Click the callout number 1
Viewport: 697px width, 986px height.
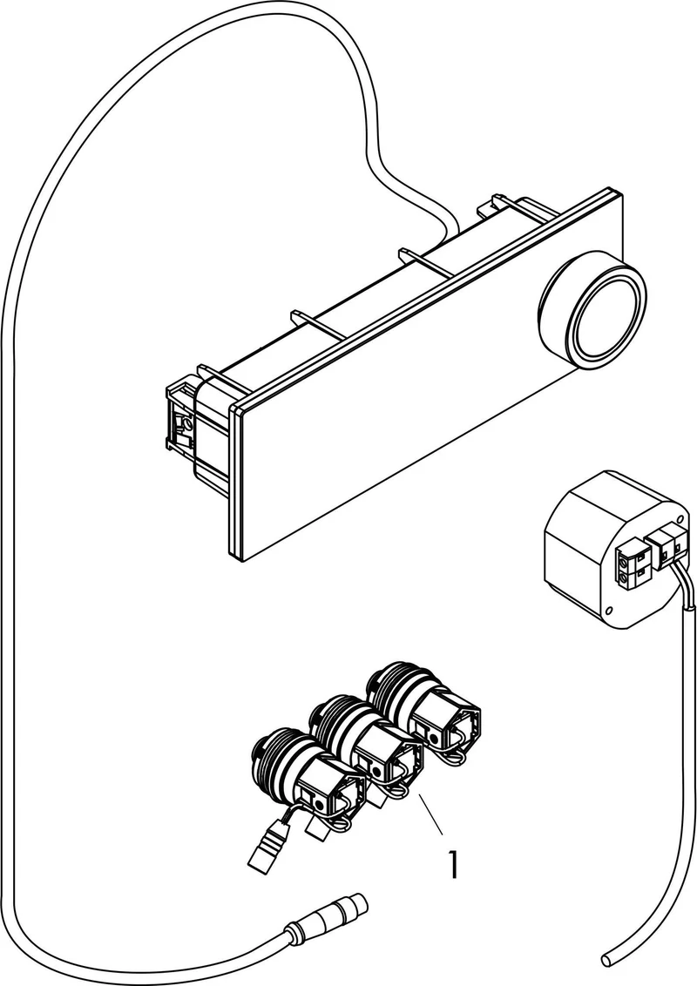[x=451, y=865]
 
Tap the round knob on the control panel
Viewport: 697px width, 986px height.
[x=592, y=318]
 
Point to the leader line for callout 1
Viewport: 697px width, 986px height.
[x=431, y=814]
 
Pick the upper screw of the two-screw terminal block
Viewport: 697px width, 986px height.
[x=626, y=555]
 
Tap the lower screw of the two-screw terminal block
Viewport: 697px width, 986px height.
[x=624, y=575]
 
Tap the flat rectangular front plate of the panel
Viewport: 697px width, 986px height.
[x=428, y=377]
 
